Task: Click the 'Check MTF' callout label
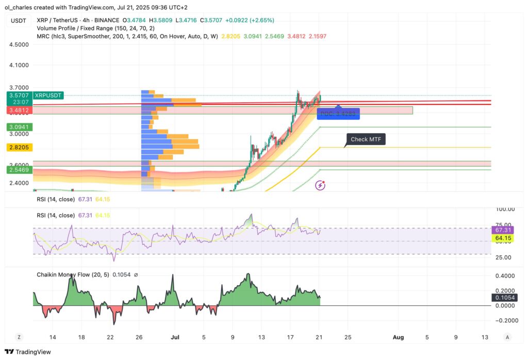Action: [365, 139]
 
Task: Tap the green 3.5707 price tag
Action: [18, 95]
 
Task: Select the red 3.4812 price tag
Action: [18, 110]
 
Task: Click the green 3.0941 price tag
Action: [18, 126]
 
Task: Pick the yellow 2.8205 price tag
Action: [18, 148]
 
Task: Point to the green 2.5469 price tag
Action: [18, 169]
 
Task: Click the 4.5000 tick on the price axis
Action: [19, 44]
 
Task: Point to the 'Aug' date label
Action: [398, 337]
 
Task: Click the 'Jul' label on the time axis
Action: [174, 337]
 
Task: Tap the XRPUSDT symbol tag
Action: [48, 95]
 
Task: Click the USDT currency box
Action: [18, 21]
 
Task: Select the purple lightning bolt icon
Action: [321, 185]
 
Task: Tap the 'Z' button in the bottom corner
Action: [19, 337]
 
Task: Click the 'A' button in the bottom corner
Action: [507, 337]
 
